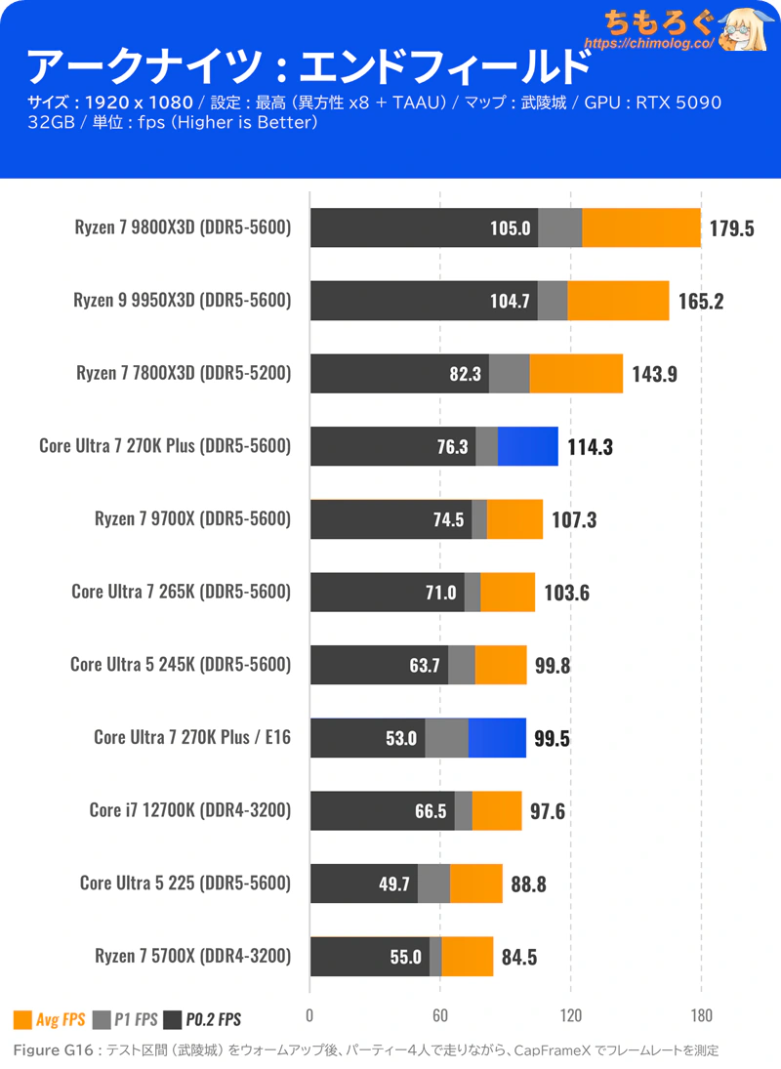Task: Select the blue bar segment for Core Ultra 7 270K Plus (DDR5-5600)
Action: click(528, 446)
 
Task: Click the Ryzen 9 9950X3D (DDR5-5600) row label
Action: click(183, 301)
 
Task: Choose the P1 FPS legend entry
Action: click(125, 1020)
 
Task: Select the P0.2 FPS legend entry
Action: click(202, 1020)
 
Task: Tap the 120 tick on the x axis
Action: click(570, 1012)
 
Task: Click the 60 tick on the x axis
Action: click(440, 1012)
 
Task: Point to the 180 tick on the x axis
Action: click(701, 1012)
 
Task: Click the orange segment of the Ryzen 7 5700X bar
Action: click(468, 957)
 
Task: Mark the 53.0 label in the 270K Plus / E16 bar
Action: click(401, 738)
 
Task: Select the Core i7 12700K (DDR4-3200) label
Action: click(190, 810)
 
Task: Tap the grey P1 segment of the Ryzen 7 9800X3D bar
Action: click(560, 228)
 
